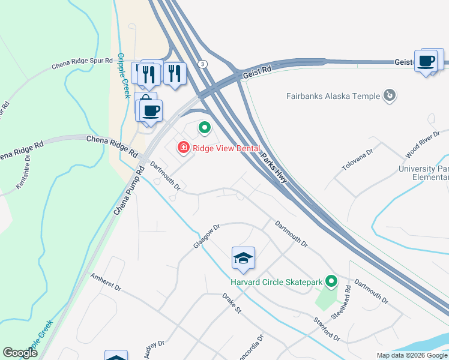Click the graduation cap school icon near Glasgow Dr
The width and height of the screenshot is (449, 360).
[x=243, y=258]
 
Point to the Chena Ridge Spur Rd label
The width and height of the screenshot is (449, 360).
[x=82, y=62]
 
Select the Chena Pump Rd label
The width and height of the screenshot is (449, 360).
[x=130, y=191]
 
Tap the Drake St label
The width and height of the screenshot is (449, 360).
[x=231, y=304]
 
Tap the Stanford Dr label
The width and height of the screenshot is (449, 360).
[x=327, y=329]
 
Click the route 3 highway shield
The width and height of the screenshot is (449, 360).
[x=203, y=64]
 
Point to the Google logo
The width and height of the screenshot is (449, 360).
[x=20, y=353]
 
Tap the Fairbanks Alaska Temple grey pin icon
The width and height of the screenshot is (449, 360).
[x=390, y=95]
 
